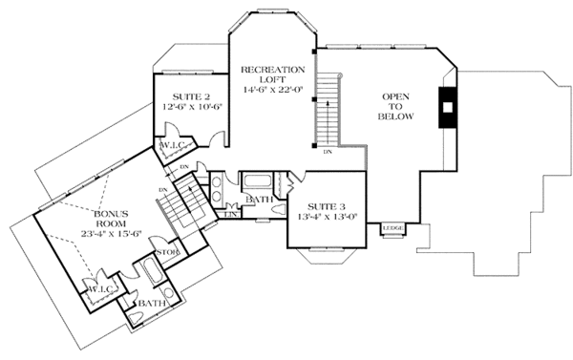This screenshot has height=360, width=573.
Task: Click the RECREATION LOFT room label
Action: click(273, 76)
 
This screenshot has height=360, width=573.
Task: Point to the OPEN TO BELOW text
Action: click(397, 107)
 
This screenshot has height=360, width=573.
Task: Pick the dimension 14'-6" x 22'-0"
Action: click(273, 89)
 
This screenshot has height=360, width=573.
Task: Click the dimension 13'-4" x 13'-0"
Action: click(326, 218)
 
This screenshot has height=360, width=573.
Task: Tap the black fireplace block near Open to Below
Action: click(447, 107)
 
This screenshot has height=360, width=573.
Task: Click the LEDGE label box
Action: click(393, 228)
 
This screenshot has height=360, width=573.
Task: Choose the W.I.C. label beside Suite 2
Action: click(175, 144)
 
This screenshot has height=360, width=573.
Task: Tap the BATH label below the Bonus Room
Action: click(150, 303)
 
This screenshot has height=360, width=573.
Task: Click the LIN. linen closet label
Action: click(230, 215)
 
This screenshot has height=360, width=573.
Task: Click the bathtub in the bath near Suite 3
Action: click(255, 180)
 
